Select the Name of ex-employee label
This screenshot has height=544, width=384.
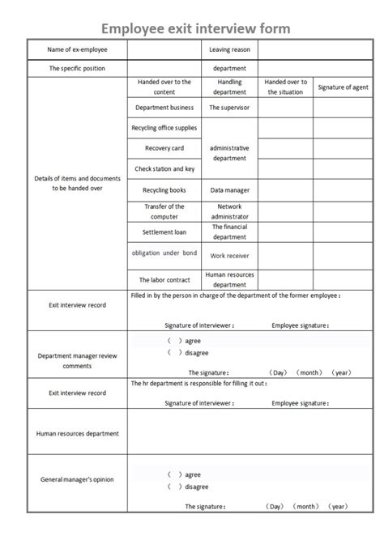click(x=77, y=50)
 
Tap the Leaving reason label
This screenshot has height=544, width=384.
click(x=229, y=50)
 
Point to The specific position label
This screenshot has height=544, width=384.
click(x=77, y=69)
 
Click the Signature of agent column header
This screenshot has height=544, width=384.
click(x=343, y=87)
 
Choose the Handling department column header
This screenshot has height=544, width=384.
click(x=229, y=87)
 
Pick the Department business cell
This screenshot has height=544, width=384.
click(x=164, y=107)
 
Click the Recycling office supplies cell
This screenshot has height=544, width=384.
click(x=164, y=128)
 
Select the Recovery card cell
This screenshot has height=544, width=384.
click(x=164, y=148)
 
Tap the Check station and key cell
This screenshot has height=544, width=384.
click(x=164, y=169)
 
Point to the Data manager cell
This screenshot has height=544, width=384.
click(x=229, y=190)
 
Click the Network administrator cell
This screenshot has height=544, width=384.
click(x=229, y=211)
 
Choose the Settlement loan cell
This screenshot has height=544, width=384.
click(x=164, y=232)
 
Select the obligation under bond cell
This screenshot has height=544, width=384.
click(x=164, y=253)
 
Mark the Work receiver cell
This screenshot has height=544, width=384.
click(x=229, y=256)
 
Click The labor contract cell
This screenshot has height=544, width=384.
click(x=164, y=280)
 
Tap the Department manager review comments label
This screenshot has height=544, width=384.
click(x=77, y=360)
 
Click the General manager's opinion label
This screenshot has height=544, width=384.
click(x=77, y=479)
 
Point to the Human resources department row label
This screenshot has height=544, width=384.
click(x=77, y=434)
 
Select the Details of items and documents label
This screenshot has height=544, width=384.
click(x=77, y=183)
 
